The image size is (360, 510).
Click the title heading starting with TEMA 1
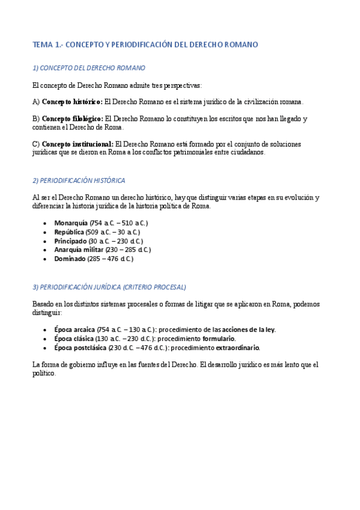coord(145,45)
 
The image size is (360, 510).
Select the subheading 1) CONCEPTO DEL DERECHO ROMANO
coord(88,68)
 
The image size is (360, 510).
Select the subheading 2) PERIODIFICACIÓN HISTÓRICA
coord(79,180)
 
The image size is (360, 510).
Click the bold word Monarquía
coord(70,223)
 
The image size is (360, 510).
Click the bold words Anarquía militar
coord(79,250)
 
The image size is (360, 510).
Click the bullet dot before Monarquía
coord(46,223)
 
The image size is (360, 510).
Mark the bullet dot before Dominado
coord(46,259)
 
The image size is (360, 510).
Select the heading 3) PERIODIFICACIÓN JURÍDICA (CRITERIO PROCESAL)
coord(109,287)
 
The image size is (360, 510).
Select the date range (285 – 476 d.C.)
coord(110,259)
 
